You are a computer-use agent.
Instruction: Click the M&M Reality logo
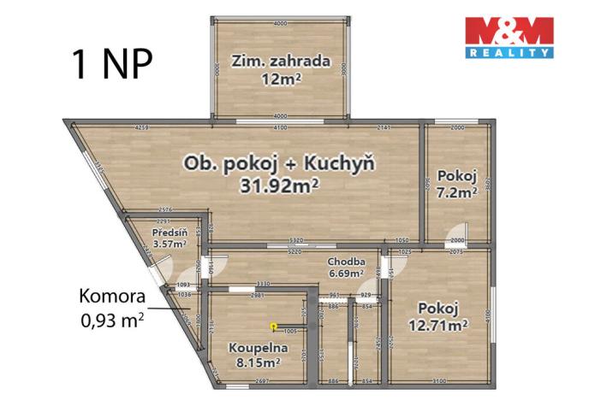point(509,37)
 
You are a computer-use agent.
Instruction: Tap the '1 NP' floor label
point(104,64)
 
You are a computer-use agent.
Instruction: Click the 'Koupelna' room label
point(257,348)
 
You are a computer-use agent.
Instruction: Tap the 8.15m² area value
point(257,362)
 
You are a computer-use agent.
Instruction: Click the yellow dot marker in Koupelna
point(273,326)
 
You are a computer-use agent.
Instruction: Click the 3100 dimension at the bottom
point(439,379)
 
